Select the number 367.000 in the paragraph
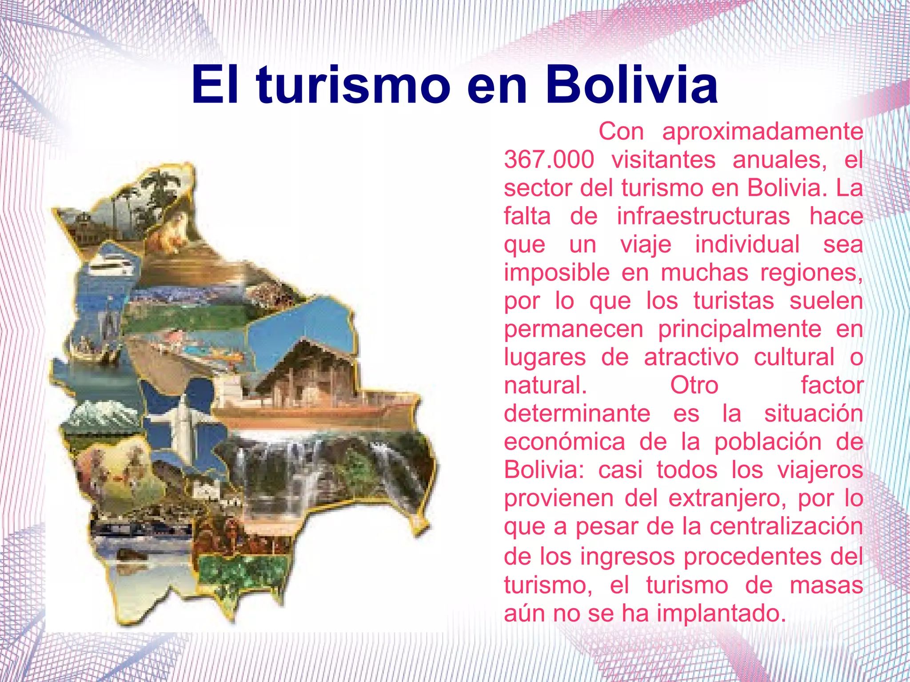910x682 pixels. coord(549,160)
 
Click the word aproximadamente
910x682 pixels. coord(762,132)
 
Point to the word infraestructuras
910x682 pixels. coord(703,216)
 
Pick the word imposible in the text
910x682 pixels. coord(556,272)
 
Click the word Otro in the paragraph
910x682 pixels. coord(694,385)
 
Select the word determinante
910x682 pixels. coord(577,414)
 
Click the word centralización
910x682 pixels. coord(786,526)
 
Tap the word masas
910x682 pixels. coord(826,585)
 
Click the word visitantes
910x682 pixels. coord(663,160)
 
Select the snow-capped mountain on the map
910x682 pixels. coord(100,415)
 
